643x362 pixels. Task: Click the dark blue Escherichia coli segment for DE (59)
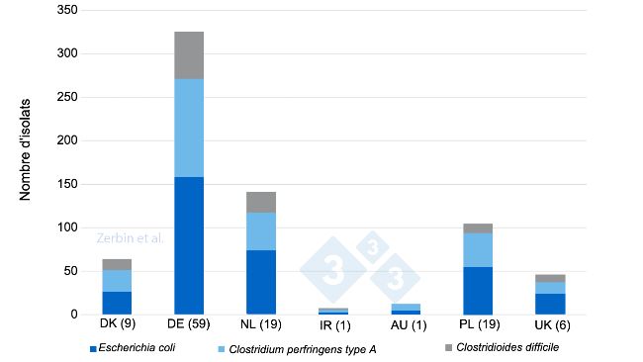click(x=189, y=245)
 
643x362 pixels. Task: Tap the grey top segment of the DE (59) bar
click(x=189, y=55)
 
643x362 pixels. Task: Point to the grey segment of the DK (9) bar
click(x=117, y=264)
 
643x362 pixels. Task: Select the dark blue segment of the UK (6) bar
click(x=550, y=304)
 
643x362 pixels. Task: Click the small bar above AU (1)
click(x=406, y=309)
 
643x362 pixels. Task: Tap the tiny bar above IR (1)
click(x=333, y=311)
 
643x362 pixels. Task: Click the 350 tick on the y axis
click(x=68, y=10)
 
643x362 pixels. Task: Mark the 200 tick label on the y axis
click(x=68, y=140)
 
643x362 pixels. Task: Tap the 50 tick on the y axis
click(x=71, y=271)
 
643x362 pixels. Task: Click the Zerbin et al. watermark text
click(x=131, y=238)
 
